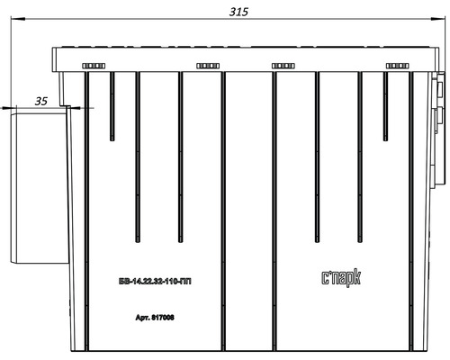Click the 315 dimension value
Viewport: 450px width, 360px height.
click(x=238, y=12)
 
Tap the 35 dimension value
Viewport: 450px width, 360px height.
click(x=41, y=101)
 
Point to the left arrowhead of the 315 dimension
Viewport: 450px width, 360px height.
click(x=18, y=19)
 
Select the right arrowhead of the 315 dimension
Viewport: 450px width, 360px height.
click(x=437, y=19)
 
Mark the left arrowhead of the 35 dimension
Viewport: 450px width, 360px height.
click(x=8, y=107)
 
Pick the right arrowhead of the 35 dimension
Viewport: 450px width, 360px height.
click(x=74, y=107)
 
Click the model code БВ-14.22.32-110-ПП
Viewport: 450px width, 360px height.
click(x=155, y=282)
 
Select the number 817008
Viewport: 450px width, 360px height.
click(x=163, y=317)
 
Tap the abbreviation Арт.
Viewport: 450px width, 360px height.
click(x=143, y=318)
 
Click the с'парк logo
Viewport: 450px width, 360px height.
click(x=341, y=278)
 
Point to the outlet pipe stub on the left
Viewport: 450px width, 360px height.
click(x=39, y=186)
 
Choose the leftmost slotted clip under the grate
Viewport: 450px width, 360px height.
click(x=94, y=66)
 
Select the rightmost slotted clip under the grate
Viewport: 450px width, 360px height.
click(x=397, y=66)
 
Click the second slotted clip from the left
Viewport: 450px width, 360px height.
click(x=208, y=66)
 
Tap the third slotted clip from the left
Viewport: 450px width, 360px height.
click(x=283, y=66)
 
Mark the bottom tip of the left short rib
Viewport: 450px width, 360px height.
click(x=112, y=140)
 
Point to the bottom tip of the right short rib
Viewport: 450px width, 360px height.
click(x=385, y=140)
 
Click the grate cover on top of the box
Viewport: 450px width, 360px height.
click(x=246, y=59)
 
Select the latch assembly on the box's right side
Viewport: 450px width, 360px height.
click(x=438, y=130)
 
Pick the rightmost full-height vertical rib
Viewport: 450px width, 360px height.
click(x=411, y=211)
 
